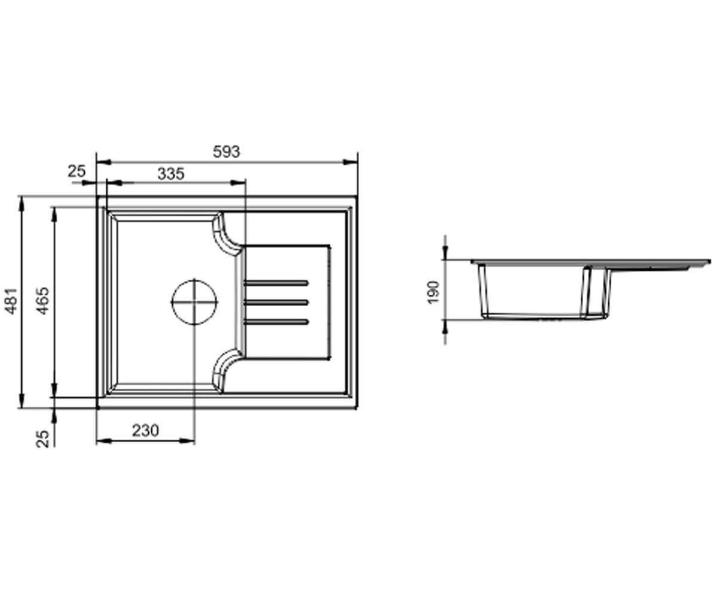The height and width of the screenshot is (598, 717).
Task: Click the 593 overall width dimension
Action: tap(226, 151)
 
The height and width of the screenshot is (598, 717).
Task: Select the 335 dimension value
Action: tap(171, 173)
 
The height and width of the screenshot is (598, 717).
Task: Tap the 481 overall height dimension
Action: tap(11, 301)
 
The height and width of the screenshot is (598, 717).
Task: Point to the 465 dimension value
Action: tap(43, 301)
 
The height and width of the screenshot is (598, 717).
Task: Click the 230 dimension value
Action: tap(146, 431)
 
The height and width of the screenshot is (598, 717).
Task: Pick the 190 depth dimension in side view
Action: tap(433, 292)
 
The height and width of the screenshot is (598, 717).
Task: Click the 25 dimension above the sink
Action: tap(76, 171)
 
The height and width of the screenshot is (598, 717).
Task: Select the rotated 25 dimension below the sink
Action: tap(43, 439)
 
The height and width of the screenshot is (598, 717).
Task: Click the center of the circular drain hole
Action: tap(194, 302)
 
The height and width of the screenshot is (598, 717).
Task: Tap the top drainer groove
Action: tap(276, 283)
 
